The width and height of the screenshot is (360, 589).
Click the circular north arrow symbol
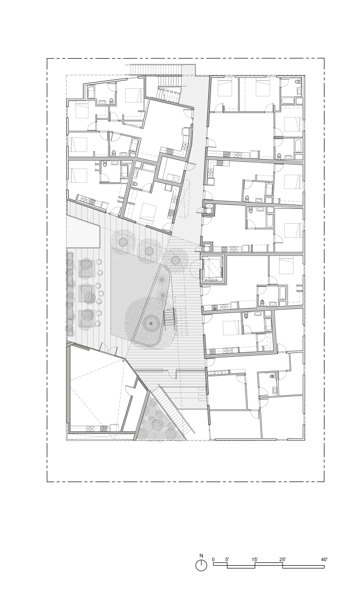pos(201,565)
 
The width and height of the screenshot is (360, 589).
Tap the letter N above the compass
pos(201,555)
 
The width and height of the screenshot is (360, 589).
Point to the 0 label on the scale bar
pos(213,560)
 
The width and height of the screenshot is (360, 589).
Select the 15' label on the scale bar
pos(255,560)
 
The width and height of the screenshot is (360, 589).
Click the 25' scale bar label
pos(282,560)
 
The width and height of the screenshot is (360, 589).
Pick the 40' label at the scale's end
pos(324,560)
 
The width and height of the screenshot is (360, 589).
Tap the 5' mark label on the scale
pos(227,560)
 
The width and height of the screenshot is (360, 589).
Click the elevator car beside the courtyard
pos(213,268)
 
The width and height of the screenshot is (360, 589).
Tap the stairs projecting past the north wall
pos(158,69)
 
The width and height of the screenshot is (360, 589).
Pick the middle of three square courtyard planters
pos(87,293)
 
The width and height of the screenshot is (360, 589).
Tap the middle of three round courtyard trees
pos(149,250)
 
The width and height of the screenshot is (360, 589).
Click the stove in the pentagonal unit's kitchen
pos(91,427)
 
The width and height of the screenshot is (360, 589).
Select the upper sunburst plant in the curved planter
pos(162,280)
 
